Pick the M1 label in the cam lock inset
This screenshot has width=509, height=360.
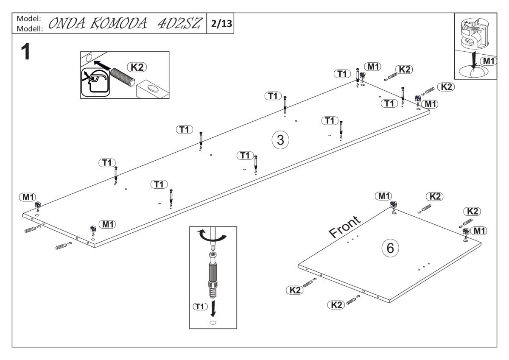pos(489,61)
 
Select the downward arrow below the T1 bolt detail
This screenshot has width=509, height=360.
pos(213,308)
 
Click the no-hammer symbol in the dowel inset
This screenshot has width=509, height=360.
pos(95,81)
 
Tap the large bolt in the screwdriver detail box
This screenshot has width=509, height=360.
pos(213,274)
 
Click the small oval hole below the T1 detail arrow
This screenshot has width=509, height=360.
pos(213,323)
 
